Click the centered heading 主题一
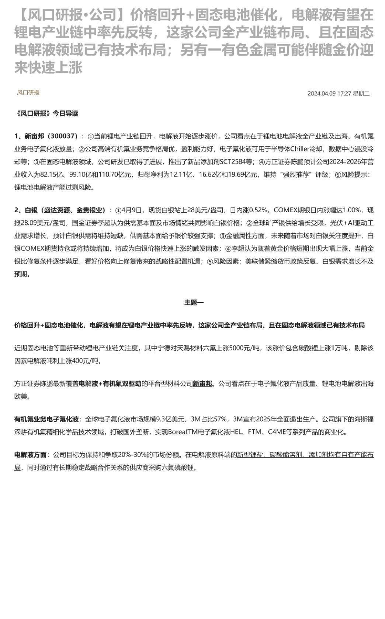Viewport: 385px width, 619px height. (x=194, y=302)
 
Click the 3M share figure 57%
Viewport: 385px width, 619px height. (x=220, y=419)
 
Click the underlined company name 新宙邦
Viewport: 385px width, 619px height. (x=202, y=384)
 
